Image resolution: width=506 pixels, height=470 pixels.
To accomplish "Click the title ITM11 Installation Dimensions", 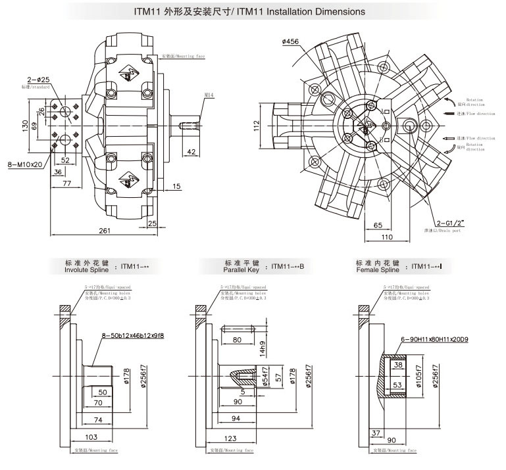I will point(253,12).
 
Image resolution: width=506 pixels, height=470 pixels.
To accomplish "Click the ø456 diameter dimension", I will point(290,42).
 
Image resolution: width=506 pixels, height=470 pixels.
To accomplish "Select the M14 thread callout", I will point(209,95).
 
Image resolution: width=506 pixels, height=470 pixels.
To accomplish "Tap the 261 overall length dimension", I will point(104,231).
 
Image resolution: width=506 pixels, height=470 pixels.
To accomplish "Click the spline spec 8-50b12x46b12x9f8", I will point(133,335).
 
